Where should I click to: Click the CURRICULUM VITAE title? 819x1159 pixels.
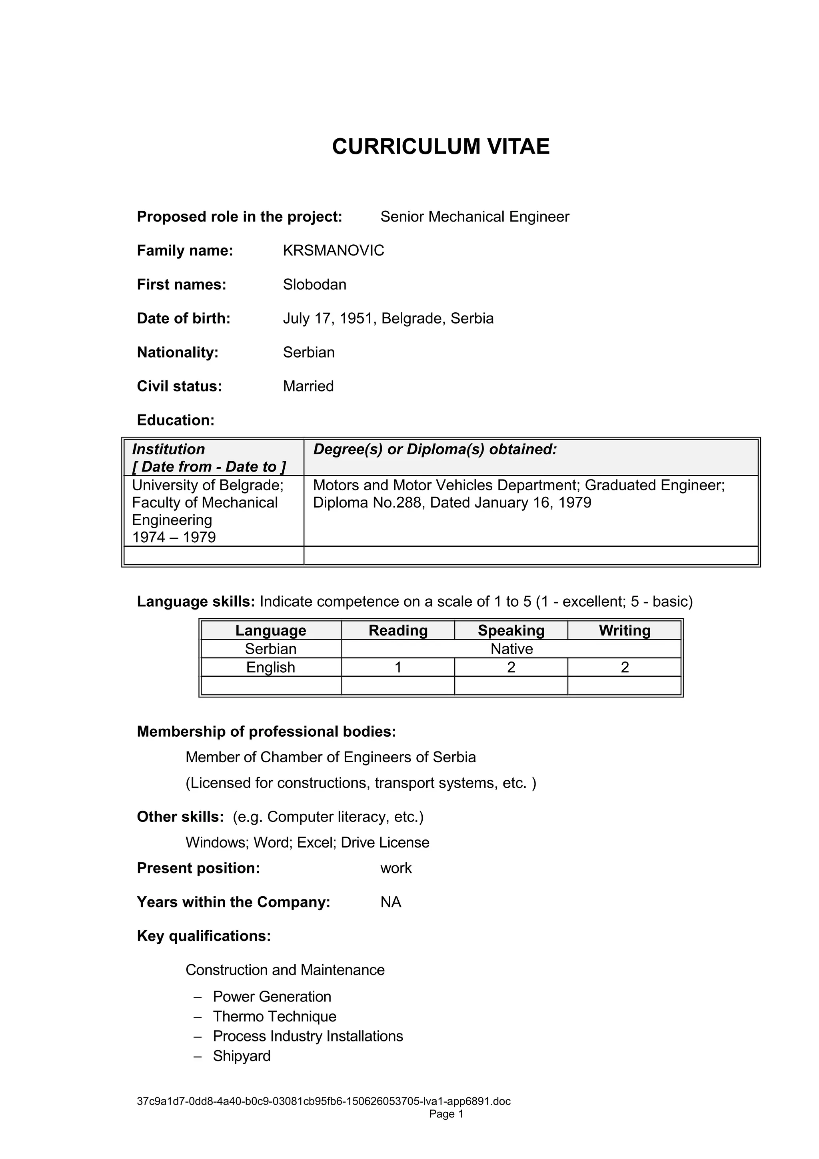coord(441,146)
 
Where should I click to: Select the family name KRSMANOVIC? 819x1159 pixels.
coord(333,250)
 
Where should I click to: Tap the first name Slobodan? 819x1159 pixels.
coord(314,284)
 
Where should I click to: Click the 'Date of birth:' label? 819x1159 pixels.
coord(184,318)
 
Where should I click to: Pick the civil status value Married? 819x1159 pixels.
coord(308,386)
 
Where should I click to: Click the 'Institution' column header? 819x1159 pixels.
coord(168,449)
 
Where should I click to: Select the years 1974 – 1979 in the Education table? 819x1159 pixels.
coord(174,537)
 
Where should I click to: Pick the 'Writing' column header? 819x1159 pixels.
coord(624,630)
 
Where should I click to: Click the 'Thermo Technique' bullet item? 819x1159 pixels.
coord(274,1016)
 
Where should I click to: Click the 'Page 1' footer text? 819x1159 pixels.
coord(446,1128)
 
